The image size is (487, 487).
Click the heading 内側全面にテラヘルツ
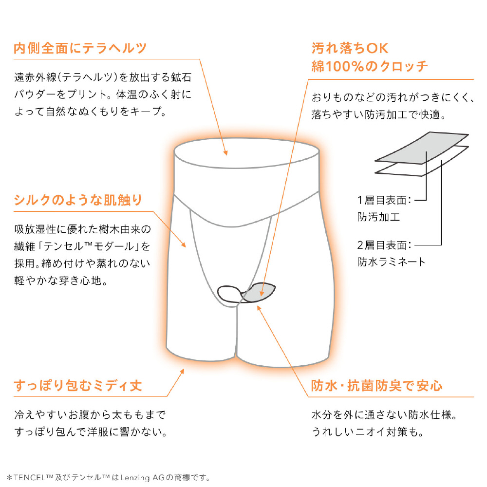coord(80,48)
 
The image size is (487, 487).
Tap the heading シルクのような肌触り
coord(78,200)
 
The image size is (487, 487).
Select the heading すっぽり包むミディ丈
coord(78,385)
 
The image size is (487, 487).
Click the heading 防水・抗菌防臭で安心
coord(377,385)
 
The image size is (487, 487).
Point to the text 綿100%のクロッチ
coord(370,66)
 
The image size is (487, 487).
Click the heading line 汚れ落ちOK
coord(350,48)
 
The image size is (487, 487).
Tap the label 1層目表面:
coord(384,200)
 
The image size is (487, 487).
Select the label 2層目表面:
coord(384,245)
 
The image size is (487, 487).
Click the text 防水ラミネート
coord(391,262)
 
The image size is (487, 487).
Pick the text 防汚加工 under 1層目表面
coord(378,217)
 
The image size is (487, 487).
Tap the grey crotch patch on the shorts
coord(259,292)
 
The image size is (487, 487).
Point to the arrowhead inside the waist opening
coord(226,152)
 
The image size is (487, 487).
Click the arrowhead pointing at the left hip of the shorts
coord(184,245)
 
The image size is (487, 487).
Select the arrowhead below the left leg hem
coord(182,372)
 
